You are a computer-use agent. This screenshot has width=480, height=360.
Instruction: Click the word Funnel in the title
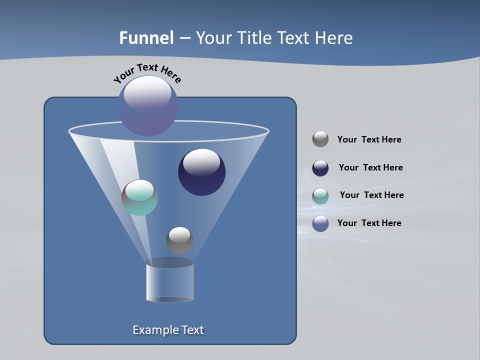click(x=146, y=38)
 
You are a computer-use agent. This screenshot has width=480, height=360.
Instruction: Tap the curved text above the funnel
click(x=147, y=72)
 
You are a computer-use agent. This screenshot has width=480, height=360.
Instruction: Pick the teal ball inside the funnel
click(x=140, y=198)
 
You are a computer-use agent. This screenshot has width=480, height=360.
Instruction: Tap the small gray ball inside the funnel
click(x=179, y=240)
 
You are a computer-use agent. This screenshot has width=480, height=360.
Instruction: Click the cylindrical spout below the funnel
click(x=170, y=282)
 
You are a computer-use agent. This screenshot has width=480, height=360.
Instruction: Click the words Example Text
click(x=168, y=330)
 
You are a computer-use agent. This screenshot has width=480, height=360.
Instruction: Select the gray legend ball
click(x=320, y=139)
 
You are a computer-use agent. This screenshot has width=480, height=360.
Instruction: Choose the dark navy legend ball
click(x=320, y=168)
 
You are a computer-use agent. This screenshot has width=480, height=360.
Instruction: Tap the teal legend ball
click(x=320, y=196)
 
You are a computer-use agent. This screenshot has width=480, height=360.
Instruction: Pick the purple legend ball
click(x=320, y=223)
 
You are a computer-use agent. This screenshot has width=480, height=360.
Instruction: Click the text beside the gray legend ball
click(x=369, y=139)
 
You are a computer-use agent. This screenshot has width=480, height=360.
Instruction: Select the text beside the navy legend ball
click(x=370, y=167)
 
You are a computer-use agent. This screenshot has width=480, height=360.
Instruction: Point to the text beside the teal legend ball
click(x=371, y=195)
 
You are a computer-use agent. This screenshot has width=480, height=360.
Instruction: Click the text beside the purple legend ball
click(x=369, y=223)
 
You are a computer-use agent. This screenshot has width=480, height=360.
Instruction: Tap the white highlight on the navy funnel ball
click(x=202, y=161)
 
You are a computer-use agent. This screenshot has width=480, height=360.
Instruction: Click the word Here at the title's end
click(x=335, y=38)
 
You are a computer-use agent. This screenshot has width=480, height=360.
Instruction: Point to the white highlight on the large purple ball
click(x=147, y=92)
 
